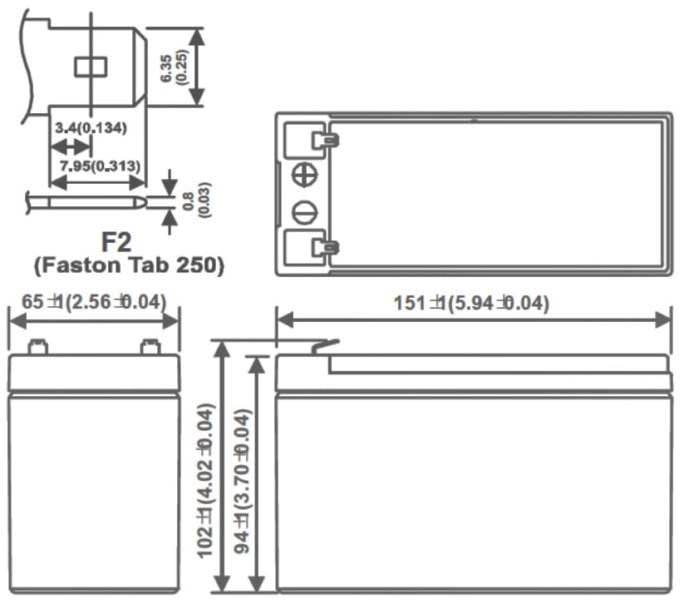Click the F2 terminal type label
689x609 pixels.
116,242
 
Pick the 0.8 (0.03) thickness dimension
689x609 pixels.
194,200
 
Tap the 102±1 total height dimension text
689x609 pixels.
208,480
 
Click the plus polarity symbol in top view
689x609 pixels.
305,176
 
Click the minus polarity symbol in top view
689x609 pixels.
305,212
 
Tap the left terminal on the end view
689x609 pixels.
37,347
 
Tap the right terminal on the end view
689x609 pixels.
150,347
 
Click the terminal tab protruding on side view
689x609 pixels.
325,345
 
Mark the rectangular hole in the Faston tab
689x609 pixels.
88,67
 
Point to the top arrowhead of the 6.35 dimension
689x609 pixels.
197,34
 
